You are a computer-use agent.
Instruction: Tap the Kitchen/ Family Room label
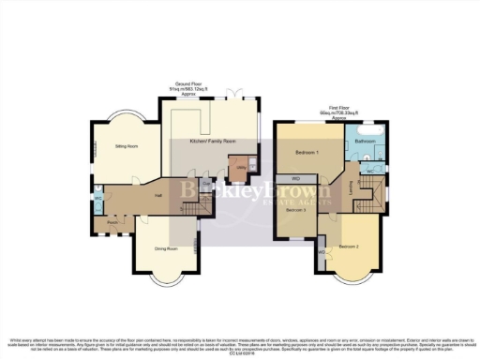(211, 141)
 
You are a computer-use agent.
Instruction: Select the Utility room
(240, 167)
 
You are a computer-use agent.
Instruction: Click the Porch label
(112, 222)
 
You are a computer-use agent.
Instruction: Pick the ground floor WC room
(98, 200)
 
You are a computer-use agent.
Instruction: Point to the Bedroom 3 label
(296, 211)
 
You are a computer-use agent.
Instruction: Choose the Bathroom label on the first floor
(365, 142)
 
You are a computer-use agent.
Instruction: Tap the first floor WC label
(370, 172)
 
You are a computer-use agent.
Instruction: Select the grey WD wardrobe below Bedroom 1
(295, 178)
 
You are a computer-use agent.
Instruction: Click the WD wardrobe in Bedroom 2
(323, 252)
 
